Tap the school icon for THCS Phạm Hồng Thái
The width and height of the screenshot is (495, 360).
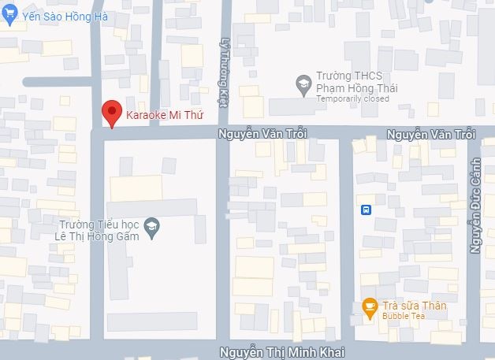click(303, 84)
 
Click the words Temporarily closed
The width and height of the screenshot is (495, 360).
click(352, 99)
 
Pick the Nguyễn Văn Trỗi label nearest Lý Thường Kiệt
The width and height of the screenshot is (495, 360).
click(261, 134)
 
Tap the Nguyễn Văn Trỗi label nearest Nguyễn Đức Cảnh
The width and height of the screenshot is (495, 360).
click(431, 135)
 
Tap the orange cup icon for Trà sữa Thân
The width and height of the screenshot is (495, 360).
click(368, 306)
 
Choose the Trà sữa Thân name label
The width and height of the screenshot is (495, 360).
click(414, 306)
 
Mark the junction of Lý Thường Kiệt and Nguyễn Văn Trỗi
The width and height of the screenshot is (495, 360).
click(223, 133)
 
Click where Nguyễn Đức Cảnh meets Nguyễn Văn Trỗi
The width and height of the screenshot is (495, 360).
click(473, 134)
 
